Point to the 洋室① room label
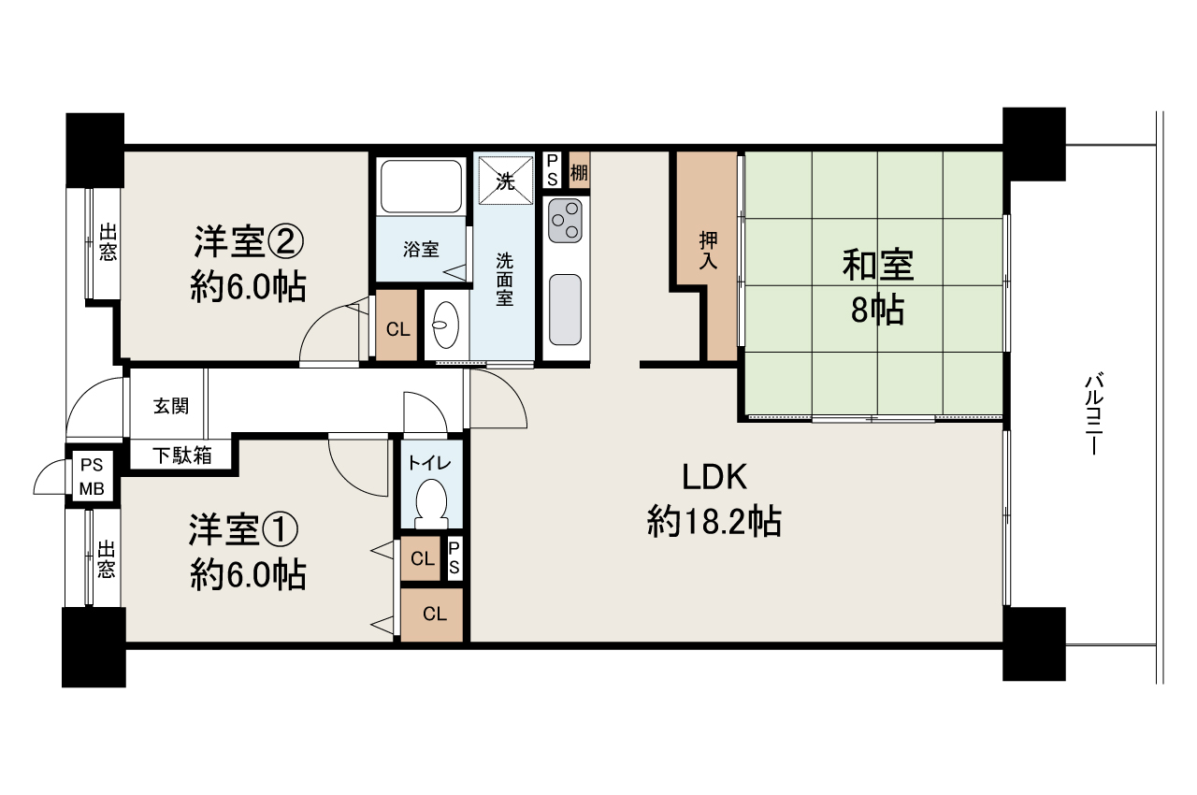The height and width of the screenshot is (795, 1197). click(248, 552)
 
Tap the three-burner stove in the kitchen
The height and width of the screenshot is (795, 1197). click(565, 220)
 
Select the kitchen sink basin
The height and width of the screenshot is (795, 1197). click(565, 309)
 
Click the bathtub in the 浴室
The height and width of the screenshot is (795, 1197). click(420, 186)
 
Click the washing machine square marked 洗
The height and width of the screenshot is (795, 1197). click(505, 180)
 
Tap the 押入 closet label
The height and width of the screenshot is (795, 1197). click(708, 252)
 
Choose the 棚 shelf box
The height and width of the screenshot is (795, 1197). click(579, 171)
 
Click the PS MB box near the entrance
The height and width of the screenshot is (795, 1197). click(91, 476)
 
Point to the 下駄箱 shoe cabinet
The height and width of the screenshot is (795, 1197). click(182, 455)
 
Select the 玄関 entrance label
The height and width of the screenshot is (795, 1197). click(171, 406)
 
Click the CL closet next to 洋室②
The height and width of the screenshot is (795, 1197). click(397, 328)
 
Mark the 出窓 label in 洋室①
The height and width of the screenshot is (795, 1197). click(106, 558)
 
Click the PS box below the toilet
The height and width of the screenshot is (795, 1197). click(454, 559)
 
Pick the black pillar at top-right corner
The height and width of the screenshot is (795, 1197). click(1033, 142)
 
